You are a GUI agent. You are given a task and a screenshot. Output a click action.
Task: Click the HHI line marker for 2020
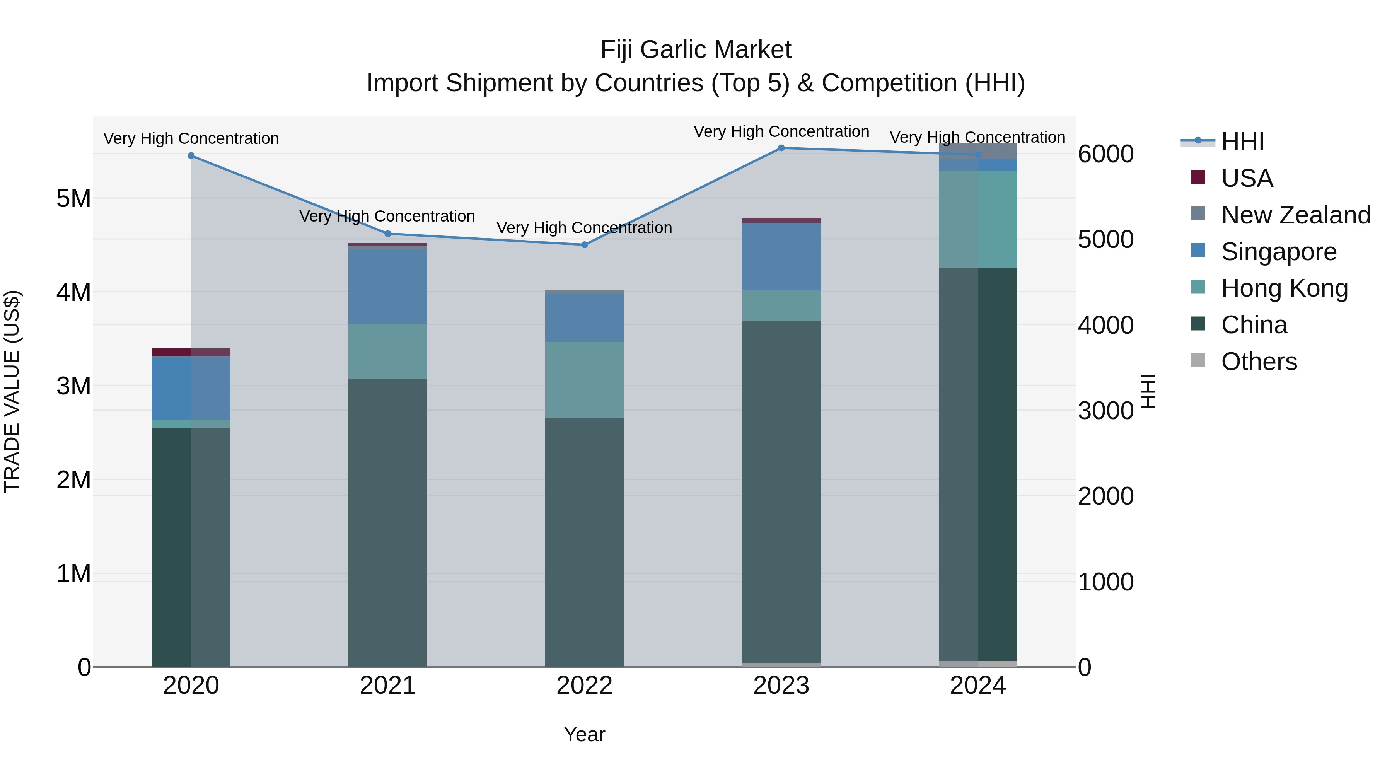(x=191, y=155)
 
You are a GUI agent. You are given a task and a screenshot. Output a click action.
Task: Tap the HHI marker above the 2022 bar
(x=584, y=245)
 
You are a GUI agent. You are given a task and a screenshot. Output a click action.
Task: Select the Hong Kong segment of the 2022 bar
(x=584, y=379)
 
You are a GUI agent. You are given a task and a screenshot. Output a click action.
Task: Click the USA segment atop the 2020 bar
(x=191, y=352)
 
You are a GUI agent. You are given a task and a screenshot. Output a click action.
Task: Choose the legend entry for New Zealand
(x=1295, y=215)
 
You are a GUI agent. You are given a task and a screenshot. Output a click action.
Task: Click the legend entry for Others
(x=1259, y=362)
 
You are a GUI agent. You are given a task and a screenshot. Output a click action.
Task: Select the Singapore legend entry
(x=1279, y=251)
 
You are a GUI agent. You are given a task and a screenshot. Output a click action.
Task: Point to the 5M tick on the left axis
(x=73, y=198)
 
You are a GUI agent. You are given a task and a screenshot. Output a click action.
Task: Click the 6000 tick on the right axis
(x=1105, y=154)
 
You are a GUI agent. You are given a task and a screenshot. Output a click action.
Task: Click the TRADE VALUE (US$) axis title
(x=12, y=391)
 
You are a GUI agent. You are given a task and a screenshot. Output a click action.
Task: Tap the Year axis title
(x=584, y=734)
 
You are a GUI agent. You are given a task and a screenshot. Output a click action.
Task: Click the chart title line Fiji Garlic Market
(x=696, y=50)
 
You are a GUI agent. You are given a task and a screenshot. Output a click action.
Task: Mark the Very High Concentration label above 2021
(x=387, y=216)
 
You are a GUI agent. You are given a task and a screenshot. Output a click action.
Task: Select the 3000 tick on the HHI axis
(x=1105, y=411)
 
